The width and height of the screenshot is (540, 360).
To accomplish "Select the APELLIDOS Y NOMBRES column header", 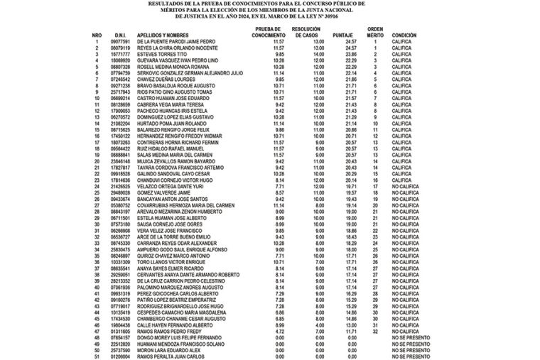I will [168, 35].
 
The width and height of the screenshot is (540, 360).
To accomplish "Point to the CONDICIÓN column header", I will [404, 35].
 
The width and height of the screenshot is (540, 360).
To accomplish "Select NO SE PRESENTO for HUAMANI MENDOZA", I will [409, 344].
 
